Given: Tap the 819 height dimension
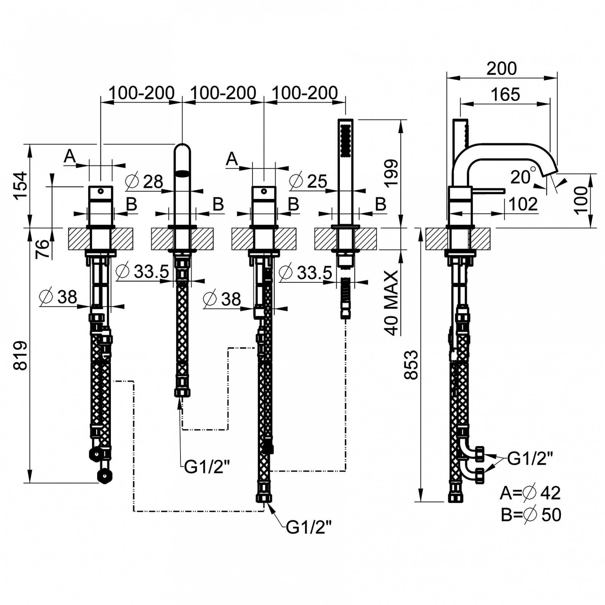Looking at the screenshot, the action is [20, 355].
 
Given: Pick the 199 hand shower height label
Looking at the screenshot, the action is [391, 173].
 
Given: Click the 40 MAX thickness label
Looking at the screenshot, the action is [391, 302].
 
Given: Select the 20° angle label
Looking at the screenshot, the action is [523, 176].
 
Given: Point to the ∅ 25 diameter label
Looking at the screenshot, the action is [308, 181].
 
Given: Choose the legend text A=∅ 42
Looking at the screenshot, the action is [530, 493].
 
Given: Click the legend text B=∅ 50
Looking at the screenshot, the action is [531, 515].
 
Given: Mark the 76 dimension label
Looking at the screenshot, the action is [43, 249].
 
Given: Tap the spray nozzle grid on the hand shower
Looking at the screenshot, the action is [346, 140].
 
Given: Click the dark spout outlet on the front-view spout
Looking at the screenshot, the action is [183, 174].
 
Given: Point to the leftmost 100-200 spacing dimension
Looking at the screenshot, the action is [142, 93].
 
